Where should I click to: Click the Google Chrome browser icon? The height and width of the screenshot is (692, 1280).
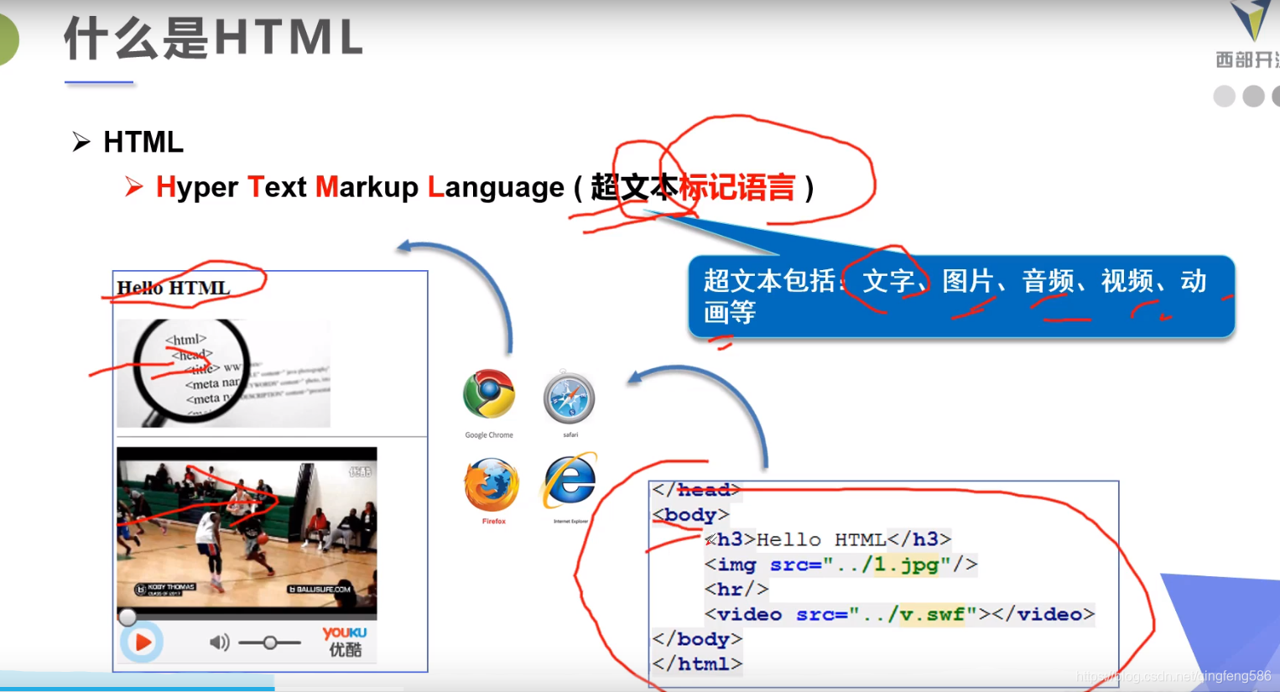pyautogui.click(x=489, y=393)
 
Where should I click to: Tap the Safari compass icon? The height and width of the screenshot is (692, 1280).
pyautogui.click(x=569, y=398)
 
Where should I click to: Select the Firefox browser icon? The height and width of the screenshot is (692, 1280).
pyautogui.click(x=492, y=485)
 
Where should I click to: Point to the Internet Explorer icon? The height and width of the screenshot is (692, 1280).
pyautogui.click(x=570, y=481)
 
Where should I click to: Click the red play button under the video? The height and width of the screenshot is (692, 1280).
pyautogui.click(x=142, y=643)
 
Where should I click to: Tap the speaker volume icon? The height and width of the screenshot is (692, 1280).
pyautogui.click(x=218, y=643)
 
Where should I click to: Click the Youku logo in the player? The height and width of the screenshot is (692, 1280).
pyautogui.click(x=345, y=642)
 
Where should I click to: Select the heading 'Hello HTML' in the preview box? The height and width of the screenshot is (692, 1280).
pyautogui.click(x=174, y=288)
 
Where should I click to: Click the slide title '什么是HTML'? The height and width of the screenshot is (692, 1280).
pyautogui.click(x=214, y=39)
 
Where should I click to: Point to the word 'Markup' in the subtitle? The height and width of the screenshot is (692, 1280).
pyautogui.click(x=367, y=187)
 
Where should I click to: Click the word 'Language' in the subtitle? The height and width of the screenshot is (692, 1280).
pyautogui.click(x=496, y=187)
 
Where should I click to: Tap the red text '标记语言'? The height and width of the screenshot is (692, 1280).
pyautogui.click(x=736, y=187)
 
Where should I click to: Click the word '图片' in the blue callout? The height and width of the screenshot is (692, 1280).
pyautogui.click(x=967, y=281)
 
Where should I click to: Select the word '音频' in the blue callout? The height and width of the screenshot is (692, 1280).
pyautogui.click(x=1047, y=281)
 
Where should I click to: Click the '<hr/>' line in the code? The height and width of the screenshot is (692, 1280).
pyautogui.click(x=736, y=590)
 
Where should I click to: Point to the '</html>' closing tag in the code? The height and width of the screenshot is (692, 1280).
pyautogui.click(x=697, y=664)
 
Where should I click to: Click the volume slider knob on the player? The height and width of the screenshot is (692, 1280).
pyautogui.click(x=270, y=643)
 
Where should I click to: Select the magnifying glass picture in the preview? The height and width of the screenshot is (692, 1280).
pyautogui.click(x=223, y=373)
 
